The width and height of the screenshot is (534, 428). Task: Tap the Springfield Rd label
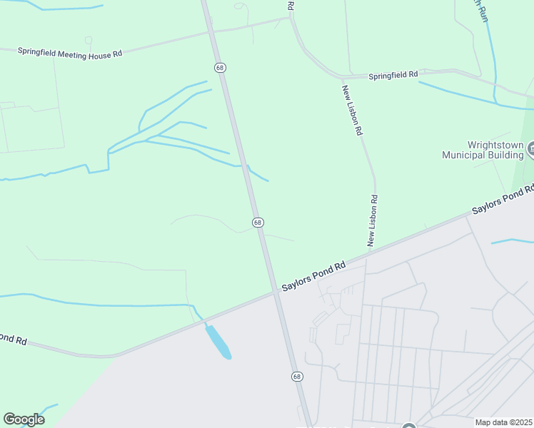pos(393,75)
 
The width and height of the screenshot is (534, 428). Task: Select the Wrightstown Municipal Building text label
pos(483,149)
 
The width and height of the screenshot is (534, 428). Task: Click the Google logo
pos(24,419)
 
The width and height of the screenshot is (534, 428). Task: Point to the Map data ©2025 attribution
pos(503,422)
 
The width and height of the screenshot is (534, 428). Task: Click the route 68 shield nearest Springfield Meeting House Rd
pos(221,66)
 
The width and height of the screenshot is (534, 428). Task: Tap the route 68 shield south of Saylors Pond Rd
pos(297,376)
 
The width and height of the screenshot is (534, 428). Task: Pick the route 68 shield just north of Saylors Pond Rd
pos(258,223)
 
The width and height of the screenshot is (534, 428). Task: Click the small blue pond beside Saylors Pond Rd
pos(218,342)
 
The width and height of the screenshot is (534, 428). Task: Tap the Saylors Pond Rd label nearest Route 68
pos(313,276)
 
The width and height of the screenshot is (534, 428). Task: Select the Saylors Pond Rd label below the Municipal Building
pos(503,200)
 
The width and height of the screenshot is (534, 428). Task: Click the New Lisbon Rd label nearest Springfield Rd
pos(352,111)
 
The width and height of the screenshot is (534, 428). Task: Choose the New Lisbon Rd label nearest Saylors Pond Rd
pos(372,221)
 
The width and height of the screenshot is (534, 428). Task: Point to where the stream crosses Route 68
pos(245,166)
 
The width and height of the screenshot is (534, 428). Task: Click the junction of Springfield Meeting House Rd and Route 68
pos(213,31)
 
